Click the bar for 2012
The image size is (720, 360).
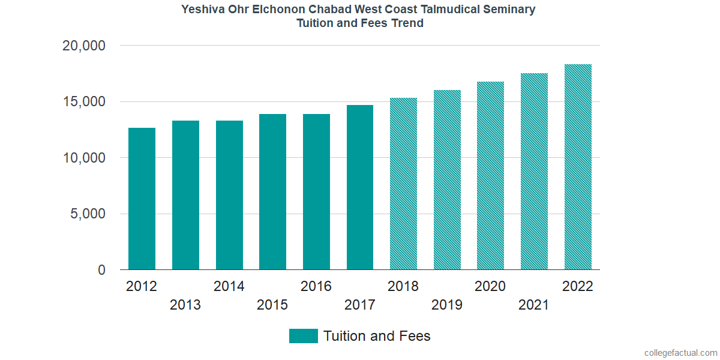point(142,199)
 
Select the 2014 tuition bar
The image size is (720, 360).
point(229,195)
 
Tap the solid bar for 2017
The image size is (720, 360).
point(360,187)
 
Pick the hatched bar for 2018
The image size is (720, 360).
point(403,184)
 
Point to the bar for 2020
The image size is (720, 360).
point(490,176)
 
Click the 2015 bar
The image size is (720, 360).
point(272,192)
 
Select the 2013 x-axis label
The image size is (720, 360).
point(185,305)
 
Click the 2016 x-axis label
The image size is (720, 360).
point(316,286)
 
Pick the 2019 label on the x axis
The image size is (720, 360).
point(447,305)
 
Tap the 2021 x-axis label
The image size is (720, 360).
point(534,305)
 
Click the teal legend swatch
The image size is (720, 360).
point(303,336)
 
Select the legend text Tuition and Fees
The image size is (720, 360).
point(377,336)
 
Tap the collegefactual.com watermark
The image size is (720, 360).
point(680,353)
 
